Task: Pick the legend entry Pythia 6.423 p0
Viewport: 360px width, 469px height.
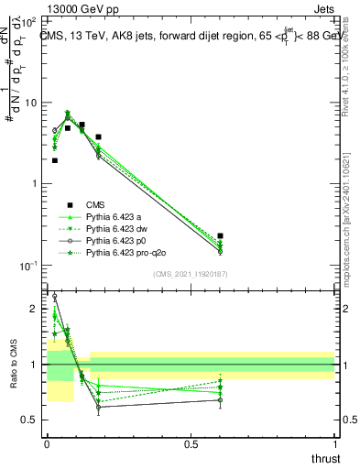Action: point(115,240)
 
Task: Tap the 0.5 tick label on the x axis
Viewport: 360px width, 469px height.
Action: point(191,444)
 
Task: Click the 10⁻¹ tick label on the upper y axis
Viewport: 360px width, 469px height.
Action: point(29,266)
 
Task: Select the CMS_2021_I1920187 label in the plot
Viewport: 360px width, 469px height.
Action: point(190,273)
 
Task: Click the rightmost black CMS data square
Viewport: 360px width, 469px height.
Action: point(220,236)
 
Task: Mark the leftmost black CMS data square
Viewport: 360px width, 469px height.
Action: point(55,160)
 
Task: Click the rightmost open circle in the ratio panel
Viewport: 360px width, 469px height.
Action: point(220,399)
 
